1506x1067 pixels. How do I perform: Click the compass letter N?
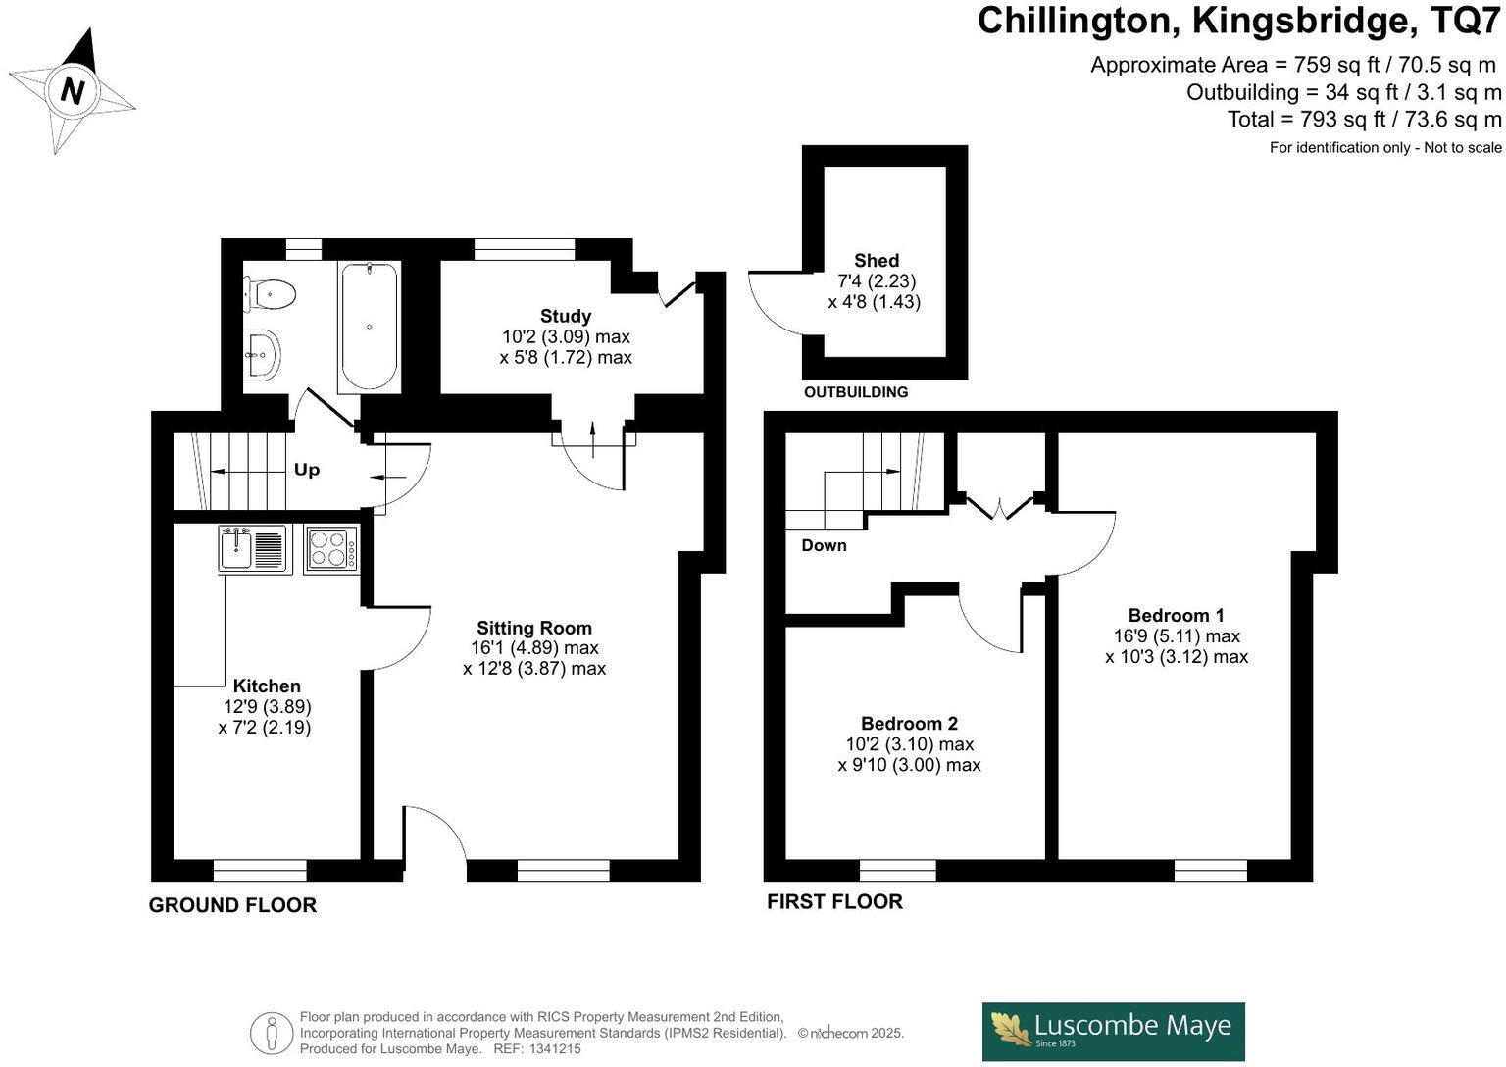72,91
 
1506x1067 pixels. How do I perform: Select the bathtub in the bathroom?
369,326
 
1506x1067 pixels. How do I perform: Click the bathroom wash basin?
262,353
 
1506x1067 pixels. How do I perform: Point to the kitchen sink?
254,549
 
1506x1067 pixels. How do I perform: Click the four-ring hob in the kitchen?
331,548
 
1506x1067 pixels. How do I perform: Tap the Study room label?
566,316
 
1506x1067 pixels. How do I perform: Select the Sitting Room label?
534,628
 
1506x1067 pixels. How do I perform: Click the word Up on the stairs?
307,470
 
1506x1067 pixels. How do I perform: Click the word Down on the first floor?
824,545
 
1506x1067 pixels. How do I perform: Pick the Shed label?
876,260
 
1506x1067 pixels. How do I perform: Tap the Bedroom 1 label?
1176,615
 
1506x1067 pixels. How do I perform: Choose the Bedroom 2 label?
909,723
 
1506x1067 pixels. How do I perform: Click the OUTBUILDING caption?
856,392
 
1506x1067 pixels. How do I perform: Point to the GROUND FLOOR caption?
232,905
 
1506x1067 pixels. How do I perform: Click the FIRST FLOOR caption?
834,901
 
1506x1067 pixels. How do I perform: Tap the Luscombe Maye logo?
1113,1031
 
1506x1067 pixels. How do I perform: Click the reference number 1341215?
554,1049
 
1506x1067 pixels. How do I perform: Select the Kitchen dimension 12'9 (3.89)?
267,706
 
